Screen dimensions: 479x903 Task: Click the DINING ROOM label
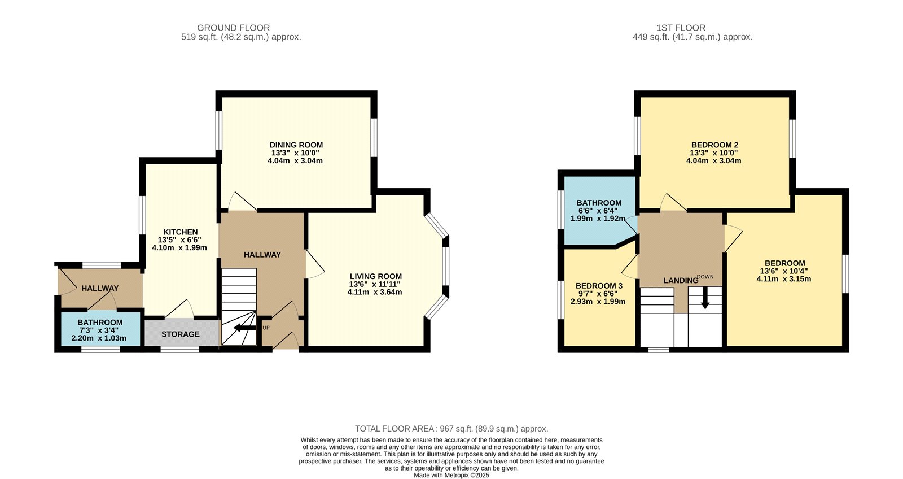(296, 145)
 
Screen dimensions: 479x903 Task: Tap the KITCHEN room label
(180, 232)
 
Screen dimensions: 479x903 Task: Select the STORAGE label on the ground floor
(180, 334)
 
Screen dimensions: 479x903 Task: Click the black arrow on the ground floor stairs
(244, 328)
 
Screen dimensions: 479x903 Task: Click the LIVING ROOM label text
(375, 276)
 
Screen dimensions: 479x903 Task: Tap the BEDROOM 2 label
(714, 145)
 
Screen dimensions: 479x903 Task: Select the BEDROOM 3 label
(599, 286)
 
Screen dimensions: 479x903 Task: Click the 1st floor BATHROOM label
(599, 203)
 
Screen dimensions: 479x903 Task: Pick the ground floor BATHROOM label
(100, 323)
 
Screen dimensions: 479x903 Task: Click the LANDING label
(680, 281)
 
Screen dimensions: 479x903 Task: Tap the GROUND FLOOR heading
(233, 28)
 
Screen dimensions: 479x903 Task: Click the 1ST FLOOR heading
(681, 28)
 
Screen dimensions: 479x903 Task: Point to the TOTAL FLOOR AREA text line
(451, 429)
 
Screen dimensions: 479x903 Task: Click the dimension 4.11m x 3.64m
(375, 292)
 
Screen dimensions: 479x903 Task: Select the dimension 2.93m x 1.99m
(598, 302)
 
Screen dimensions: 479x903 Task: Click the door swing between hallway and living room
(314, 264)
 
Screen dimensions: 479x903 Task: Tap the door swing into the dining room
(242, 202)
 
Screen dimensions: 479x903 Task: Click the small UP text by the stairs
(266, 328)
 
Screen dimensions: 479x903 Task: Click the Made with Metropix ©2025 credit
(451, 475)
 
